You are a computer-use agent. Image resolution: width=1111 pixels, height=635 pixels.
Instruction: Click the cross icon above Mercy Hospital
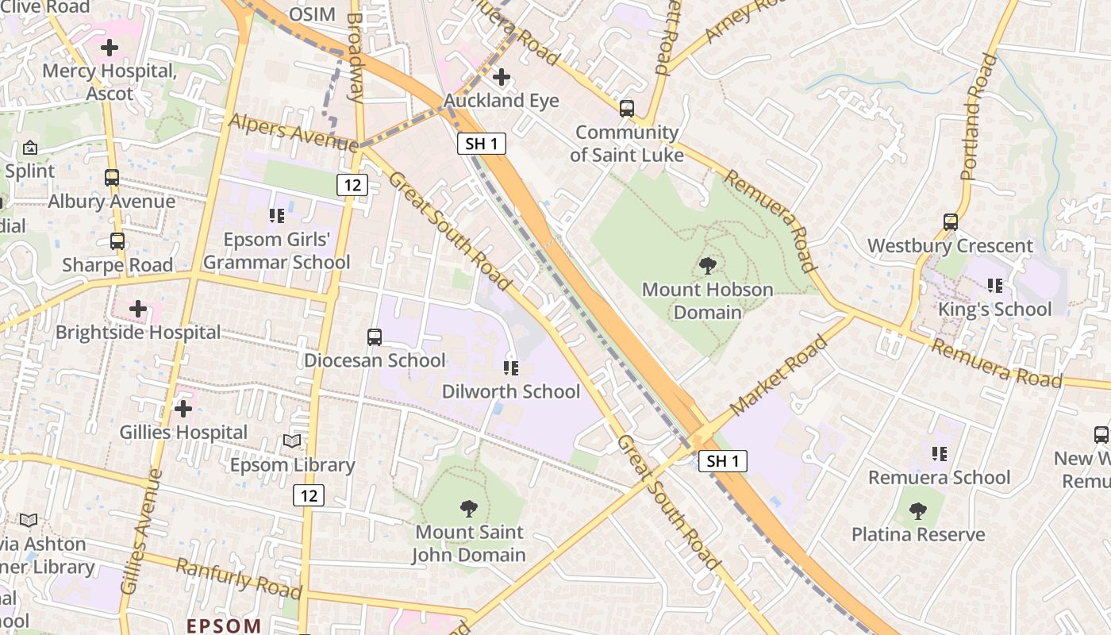point(110,48)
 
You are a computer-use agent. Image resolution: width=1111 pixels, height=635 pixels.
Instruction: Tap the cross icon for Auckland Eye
point(501,77)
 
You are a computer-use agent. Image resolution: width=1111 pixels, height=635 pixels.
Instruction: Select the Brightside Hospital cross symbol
point(138,308)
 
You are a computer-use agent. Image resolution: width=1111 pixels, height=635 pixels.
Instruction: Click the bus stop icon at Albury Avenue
point(112,178)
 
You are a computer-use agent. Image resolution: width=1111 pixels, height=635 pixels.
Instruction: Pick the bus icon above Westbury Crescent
point(951,222)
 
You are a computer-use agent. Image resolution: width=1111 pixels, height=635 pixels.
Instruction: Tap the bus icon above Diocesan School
point(375,337)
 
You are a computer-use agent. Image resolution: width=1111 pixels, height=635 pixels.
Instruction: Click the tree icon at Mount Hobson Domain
point(707,266)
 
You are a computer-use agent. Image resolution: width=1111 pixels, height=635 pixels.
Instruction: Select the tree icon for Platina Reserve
point(918,511)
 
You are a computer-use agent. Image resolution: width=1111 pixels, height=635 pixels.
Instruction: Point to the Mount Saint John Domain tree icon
point(469,508)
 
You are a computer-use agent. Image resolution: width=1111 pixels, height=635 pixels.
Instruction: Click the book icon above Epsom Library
point(292,441)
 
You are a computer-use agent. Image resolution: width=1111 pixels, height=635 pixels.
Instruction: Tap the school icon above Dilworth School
point(511,368)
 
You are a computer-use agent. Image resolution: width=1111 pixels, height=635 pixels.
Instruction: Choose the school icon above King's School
point(994,286)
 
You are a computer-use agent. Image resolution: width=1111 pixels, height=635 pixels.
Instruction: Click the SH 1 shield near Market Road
point(723,460)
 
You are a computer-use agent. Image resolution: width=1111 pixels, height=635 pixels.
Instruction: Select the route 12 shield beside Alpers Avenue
point(352,185)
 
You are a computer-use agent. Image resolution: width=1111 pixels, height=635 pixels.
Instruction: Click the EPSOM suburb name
point(224,625)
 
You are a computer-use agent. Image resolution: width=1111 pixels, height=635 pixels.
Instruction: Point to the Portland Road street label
point(978,117)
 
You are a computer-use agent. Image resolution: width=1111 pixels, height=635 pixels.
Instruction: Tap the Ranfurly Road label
point(238,579)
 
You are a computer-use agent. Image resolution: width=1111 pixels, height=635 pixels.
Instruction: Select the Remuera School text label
point(939,477)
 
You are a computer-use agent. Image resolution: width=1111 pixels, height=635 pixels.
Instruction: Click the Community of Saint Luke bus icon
point(627,109)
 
